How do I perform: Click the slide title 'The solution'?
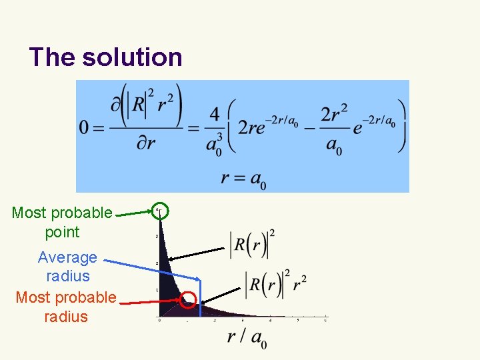click(x=105, y=57)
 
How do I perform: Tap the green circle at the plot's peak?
click(x=160, y=211)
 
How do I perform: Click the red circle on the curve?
click(x=189, y=301)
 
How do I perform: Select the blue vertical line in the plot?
click(x=201, y=293)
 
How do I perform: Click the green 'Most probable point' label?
click(x=62, y=222)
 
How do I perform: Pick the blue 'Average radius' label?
click(x=67, y=266)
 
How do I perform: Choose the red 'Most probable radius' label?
click(x=66, y=307)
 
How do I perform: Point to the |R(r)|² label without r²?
click(x=252, y=245)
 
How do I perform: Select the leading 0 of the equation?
click(x=85, y=127)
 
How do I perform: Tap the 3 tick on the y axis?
click(x=157, y=237)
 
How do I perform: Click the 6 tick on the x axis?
click(x=325, y=321)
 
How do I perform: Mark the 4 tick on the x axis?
click(x=269, y=321)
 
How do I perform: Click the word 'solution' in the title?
click(x=132, y=57)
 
